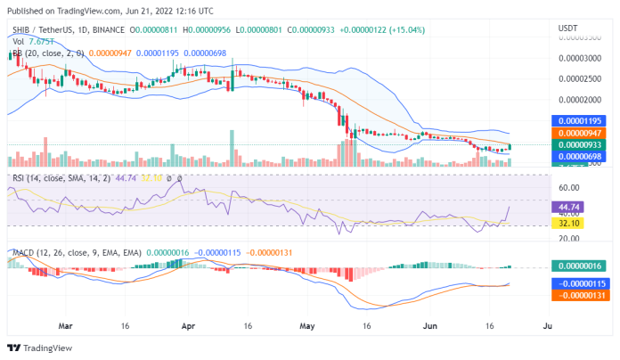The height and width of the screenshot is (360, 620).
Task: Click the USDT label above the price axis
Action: pos(567,29)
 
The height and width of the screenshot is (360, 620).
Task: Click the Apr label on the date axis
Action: pos(187,326)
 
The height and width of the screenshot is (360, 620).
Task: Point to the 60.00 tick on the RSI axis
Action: pos(570,189)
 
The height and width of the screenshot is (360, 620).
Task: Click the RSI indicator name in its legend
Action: pos(18,178)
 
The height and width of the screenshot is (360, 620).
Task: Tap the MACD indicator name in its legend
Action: pos(22,254)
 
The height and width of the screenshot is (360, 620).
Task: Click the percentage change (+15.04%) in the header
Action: pos(404,29)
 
